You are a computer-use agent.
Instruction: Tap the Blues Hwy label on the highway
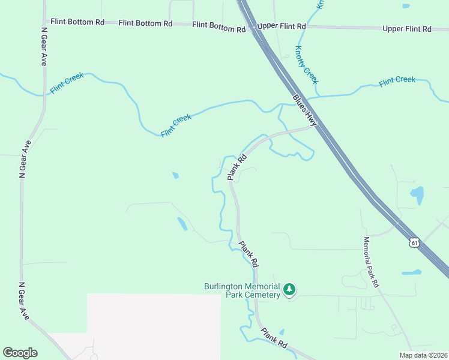[304, 110]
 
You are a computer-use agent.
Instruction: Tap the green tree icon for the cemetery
[290, 290]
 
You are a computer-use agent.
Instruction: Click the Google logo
[20, 353]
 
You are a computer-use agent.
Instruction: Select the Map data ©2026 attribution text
[423, 355]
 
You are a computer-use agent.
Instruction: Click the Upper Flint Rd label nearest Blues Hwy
[281, 27]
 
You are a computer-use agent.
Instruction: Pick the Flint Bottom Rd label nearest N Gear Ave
[77, 22]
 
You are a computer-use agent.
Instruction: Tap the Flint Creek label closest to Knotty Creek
[397, 80]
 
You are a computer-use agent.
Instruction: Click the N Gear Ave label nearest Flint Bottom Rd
[44, 46]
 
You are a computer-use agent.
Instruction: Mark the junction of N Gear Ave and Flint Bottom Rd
[45, 22]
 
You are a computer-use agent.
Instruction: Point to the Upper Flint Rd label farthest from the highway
[406, 29]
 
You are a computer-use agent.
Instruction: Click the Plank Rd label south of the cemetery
[274, 338]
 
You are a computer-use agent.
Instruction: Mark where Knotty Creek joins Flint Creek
[317, 95]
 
